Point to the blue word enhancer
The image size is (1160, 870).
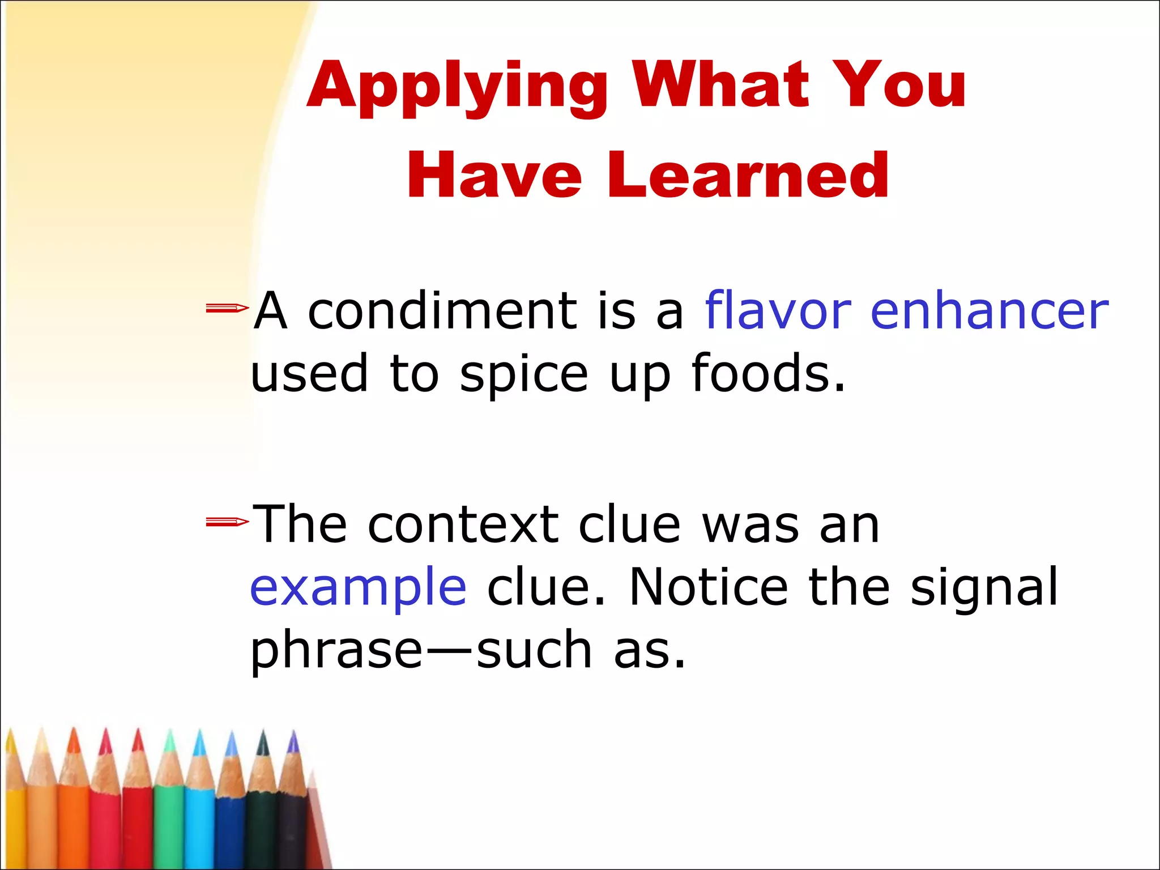coord(989,310)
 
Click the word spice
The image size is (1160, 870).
coord(524,374)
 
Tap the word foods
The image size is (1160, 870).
coord(768,374)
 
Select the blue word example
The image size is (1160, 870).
coord(358,587)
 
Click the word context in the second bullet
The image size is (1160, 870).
coord(463,524)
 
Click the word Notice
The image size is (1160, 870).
coord(709,587)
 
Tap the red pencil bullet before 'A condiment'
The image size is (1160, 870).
coord(227,308)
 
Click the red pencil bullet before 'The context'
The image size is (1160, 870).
coord(227,522)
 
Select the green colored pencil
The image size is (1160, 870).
coord(169,816)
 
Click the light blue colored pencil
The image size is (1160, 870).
coord(199,816)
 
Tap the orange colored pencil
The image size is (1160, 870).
coord(74,816)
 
